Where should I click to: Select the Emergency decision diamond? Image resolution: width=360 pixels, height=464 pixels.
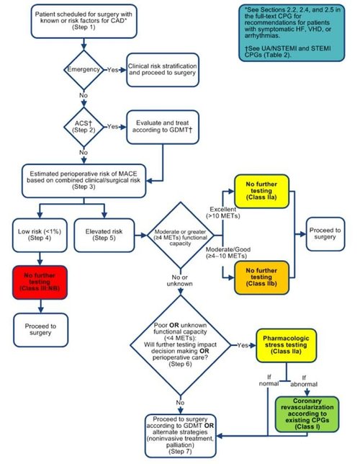84,70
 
